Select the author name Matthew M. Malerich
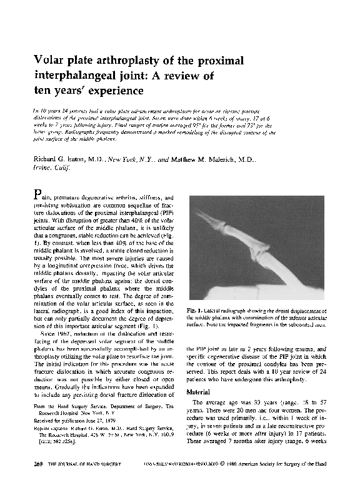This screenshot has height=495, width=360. coord(199,160)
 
